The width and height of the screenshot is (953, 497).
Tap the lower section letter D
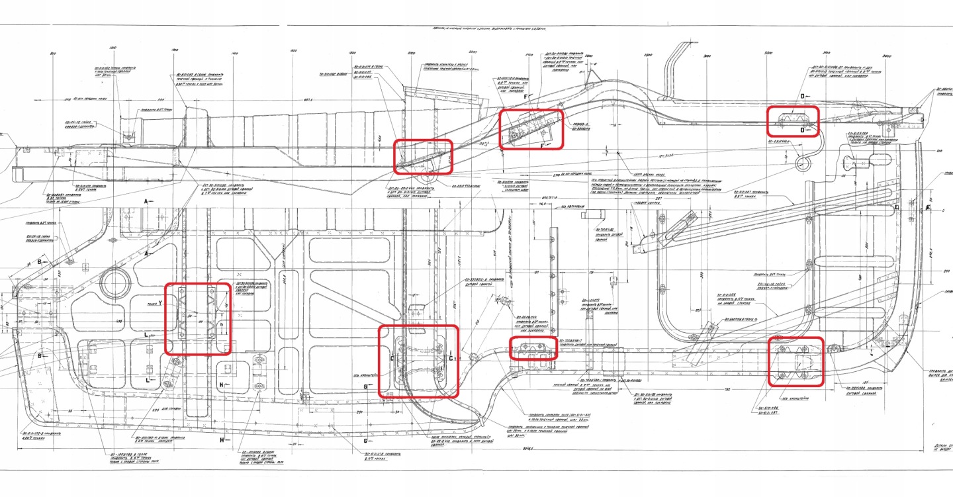[x=803, y=130]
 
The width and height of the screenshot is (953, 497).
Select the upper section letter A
[x=146, y=200]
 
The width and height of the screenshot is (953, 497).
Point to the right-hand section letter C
[x=451, y=358]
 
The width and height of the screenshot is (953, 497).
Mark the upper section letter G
[x=365, y=386]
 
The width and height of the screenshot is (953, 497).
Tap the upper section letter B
[x=39, y=262]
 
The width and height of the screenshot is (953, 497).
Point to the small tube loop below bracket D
[x=802, y=163]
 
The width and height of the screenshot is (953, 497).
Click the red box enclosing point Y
[x=197, y=319]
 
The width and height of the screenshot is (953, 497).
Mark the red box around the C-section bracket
[x=418, y=361]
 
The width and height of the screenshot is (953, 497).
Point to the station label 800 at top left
[x=54, y=52]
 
